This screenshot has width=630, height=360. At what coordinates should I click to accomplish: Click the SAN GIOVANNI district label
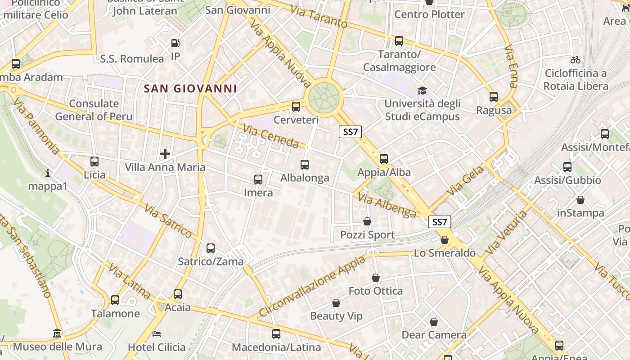click(x=190, y=88)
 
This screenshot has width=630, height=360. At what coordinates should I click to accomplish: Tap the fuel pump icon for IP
click(x=175, y=43)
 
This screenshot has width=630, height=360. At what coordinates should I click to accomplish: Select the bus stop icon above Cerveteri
click(x=296, y=107)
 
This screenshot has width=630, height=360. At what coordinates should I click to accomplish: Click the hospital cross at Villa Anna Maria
click(x=165, y=154)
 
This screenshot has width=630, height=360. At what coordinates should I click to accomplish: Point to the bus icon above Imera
click(x=258, y=180)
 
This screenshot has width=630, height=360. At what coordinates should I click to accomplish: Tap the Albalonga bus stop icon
click(x=305, y=165)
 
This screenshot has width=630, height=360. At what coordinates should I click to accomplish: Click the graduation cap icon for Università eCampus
click(x=422, y=91)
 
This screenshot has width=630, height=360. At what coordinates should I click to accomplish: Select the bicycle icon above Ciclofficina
click(x=575, y=59)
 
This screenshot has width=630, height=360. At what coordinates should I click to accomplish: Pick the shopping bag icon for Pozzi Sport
click(x=367, y=221)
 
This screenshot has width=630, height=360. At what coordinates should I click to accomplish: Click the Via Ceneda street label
click(x=271, y=136)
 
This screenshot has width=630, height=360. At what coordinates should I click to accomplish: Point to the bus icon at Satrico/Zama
click(x=210, y=248)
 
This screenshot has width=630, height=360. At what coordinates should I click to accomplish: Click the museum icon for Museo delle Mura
click(x=57, y=333)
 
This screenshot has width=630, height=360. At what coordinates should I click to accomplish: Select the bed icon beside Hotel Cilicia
click(x=157, y=334)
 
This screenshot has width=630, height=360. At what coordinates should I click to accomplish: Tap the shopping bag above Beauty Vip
click(x=336, y=303)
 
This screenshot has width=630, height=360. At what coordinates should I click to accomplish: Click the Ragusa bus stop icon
click(x=494, y=97)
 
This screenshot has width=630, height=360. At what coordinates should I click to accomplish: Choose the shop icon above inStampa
click(x=580, y=200)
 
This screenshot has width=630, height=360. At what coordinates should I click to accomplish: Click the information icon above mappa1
click(x=48, y=173)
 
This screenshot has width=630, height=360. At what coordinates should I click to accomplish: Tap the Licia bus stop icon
click(x=94, y=162)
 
